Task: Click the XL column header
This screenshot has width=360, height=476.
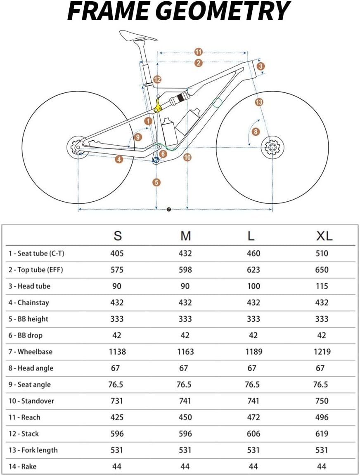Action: point(324,236)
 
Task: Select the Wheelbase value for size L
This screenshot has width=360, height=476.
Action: point(253,352)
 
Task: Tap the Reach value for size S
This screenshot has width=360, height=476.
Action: point(117,417)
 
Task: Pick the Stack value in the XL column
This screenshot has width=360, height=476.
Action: point(322,434)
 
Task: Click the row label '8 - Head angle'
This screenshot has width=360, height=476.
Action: point(31,368)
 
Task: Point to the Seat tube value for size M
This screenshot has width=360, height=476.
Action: point(185,253)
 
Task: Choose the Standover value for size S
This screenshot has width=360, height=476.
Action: point(117,401)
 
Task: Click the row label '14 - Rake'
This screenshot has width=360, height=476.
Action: point(23,467)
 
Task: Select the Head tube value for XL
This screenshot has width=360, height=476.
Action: point(322,286)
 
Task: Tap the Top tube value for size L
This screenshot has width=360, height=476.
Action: point(253,270)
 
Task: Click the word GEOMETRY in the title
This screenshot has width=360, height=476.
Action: point(225,11)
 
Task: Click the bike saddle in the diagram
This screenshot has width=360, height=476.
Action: point(138,35)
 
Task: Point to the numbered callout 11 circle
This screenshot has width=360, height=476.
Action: point(199,52)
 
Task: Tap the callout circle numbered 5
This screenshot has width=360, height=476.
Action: point(156,182)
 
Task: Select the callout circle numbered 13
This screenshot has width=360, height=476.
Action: point(259,102)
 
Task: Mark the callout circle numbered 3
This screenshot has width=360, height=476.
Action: point(260,66)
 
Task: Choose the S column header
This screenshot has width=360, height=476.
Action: point(118,236)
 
